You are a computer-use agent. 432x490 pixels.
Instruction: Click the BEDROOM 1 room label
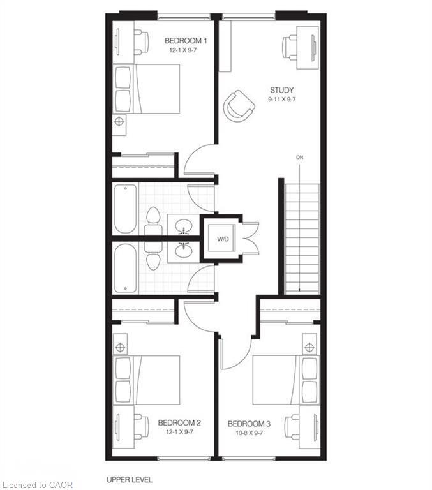coord(185,41)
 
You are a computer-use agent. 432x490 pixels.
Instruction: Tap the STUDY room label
coord(281,90)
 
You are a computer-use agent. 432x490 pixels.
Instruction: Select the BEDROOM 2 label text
coord(179,423)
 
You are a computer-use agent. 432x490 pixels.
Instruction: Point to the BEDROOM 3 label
coord(249,424)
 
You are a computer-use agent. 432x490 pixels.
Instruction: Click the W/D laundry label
coord(223,239)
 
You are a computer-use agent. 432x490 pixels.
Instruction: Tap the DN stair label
coord(299,157)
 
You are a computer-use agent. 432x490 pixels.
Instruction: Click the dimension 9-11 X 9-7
coord(281,100)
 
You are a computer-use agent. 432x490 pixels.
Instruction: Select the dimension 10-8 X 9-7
coord(249,433)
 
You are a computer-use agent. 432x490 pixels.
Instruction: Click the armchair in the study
coord(239,105)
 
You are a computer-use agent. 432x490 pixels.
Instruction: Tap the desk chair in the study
coord(290,47)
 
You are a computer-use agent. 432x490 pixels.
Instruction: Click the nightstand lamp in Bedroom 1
coord(119,121)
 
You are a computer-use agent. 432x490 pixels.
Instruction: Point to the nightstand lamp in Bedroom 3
coord(309,347)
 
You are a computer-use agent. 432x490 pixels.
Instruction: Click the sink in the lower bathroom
coord(184,251)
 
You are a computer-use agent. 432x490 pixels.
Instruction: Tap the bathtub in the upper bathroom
coord(125,208)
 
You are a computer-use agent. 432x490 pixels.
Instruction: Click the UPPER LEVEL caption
coord(130,480)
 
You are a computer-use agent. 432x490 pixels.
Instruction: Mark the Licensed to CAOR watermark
coord(37,485)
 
